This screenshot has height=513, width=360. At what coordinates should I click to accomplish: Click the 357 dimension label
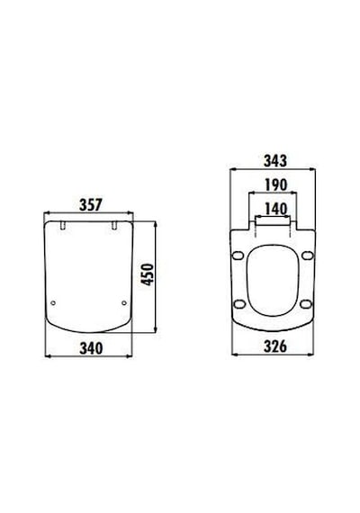coord(91,205)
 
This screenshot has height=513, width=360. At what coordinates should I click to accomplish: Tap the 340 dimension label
coord(91,348)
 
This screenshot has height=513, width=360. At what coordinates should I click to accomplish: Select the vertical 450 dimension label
coord(148,274)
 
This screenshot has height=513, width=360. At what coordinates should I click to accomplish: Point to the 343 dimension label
coord(275,160)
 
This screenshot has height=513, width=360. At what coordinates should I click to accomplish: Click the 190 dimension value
coord(275,184)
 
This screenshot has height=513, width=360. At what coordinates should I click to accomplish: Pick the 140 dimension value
coord(275,209)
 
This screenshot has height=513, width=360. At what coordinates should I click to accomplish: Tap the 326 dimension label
coord(275,346)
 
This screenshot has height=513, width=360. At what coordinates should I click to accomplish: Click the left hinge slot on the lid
coord(63,225)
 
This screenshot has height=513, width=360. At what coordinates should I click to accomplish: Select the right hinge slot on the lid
coord(114,225)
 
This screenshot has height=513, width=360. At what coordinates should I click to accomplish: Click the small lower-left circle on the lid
coord(53,303)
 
